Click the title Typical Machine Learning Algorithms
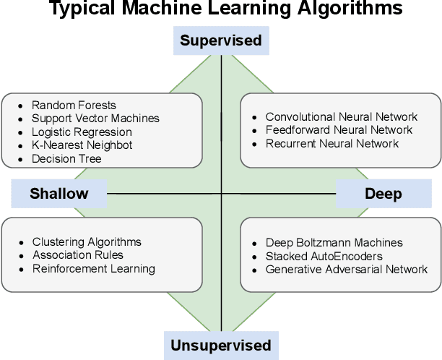pos(221,9)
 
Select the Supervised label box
pos(220,40)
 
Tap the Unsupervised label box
pos(220,345)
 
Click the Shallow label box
pos(59,193)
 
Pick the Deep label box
pos(383,194)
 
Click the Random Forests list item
pos(74,106)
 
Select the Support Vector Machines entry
pos(95,119)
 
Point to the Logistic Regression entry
pos(82,132)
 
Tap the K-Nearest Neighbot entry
pos(82,145)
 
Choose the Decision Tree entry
pos(66,158)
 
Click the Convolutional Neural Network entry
pos(341,117)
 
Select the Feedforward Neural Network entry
pos(339,130)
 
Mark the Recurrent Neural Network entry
pos(331,143)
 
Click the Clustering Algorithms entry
pos(87,242)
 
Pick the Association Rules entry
pos(77,255)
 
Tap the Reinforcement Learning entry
pos(93,268)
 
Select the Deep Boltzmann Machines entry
pos(334,243)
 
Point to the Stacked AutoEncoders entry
pos(324,256)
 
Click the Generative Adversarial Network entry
pos(347,269)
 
